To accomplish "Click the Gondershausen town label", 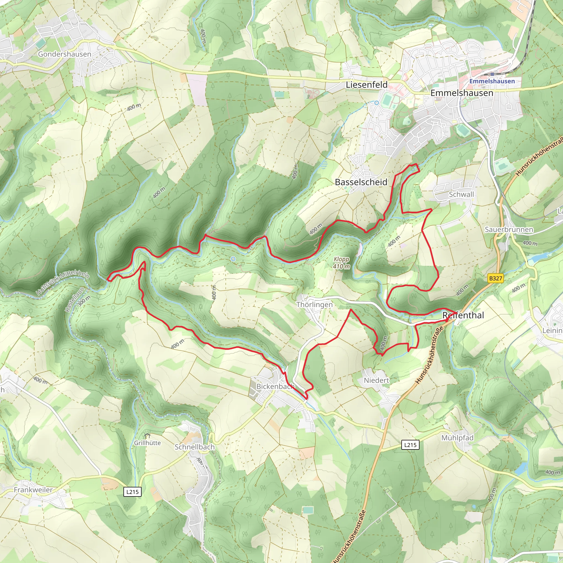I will click(64, 54).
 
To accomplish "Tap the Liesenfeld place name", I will click(367, 85).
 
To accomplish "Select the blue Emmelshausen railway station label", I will click(492, 81).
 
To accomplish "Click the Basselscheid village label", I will click(361, 182).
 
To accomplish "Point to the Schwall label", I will click(461, 194).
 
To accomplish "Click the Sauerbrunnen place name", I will click(509, 230).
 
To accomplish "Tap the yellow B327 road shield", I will click(495, 278).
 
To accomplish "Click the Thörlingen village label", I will click(314, 305).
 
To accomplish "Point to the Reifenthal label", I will click(463, 315).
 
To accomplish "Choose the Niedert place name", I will click(376, 380).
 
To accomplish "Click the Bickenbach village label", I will click(275, 387).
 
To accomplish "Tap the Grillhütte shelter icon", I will click(147, 436).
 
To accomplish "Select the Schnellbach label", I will click(195, 447).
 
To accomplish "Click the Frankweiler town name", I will click(33, 490).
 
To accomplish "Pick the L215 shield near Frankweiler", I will click(133, 492).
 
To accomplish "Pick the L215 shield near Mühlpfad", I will click(410, 445).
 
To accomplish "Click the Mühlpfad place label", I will click(457, 438).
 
